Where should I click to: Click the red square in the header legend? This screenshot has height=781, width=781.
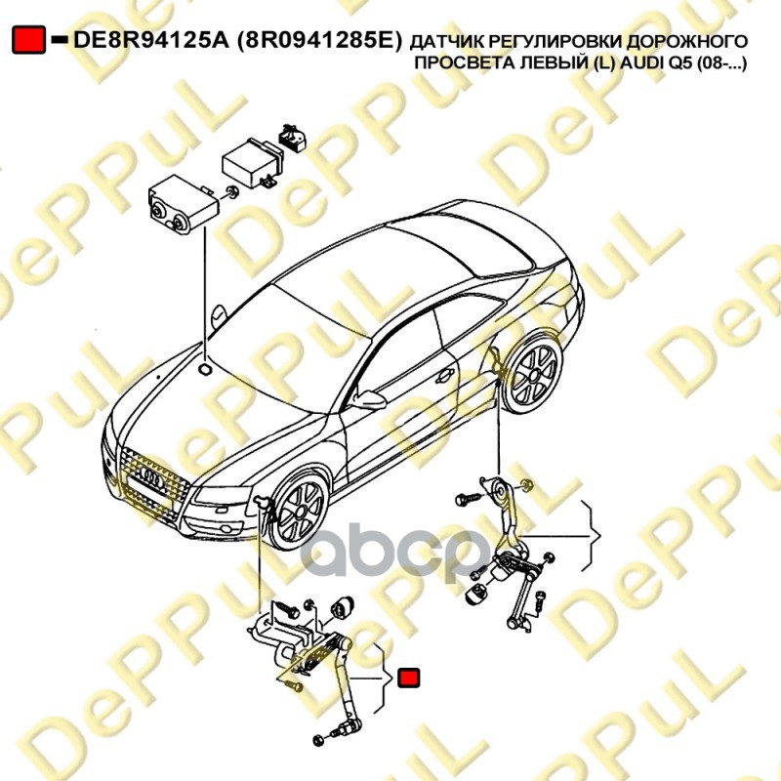pyautogui.click(x=27, y=40)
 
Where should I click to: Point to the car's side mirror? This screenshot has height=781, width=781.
pyautogui.click(x=370, y=398)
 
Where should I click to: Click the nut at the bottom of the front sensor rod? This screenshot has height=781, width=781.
pyautogui.click(x=343, y=731)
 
